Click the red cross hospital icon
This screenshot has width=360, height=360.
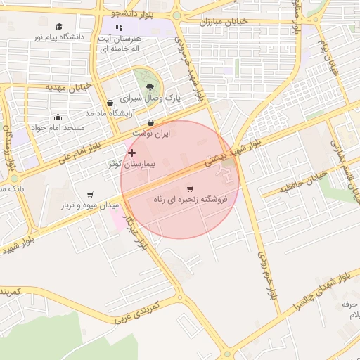click(x=131, y=153)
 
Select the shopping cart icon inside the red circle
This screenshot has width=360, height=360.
click(x=190, y=189)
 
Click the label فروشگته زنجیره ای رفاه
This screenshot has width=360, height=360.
click(x=191, y=200)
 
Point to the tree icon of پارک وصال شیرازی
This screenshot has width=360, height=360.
click(x=150, y=88)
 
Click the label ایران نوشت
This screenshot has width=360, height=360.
click(x=151, y=133)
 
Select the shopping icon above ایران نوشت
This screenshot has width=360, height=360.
click(x=151, y=122)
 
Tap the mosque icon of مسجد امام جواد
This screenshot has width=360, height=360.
click(x=58, y=117)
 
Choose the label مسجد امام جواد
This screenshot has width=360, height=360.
click(x=57, y=128)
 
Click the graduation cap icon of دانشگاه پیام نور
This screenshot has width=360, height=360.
click(x=57, y=26)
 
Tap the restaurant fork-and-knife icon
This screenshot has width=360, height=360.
click(x=118, y=27)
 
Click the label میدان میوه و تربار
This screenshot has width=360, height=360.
click(x=90, y=205)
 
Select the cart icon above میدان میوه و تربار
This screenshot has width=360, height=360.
click(x=90, y=195)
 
